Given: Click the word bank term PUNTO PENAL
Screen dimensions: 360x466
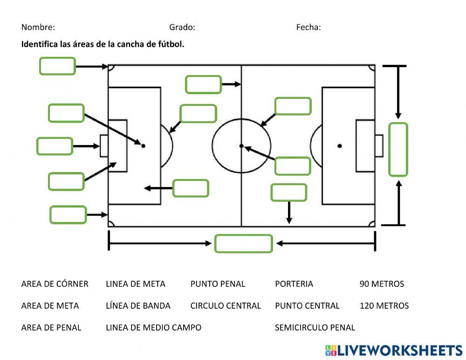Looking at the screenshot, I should [218, 284].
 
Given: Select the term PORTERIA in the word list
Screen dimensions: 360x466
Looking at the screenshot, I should [294, 284].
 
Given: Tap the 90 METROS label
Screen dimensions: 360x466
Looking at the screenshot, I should [382, 284].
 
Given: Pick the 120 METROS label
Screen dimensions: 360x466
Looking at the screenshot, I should [384, 306].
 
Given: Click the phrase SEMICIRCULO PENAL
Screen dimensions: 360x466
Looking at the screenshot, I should [315, 328].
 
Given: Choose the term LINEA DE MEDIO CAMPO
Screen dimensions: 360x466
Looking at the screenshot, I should [153, 328].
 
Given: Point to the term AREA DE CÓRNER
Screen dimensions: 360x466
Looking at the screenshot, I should [55, 284].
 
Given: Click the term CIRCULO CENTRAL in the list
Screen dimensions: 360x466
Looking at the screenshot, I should [226, 306].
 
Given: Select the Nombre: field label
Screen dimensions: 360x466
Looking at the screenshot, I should [38, 28].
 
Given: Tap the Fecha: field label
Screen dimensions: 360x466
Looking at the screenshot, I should [308, 28].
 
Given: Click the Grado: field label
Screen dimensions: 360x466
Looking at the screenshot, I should [182, 28].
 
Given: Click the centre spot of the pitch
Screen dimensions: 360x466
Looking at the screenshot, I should [241, 146].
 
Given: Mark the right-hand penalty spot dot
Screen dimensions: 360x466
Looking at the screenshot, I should [340, 146].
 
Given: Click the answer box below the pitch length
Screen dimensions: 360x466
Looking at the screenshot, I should [243, 243].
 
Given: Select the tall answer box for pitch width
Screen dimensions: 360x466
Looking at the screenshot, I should [398, 149].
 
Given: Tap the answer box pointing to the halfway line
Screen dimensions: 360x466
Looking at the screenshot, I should [203, 84].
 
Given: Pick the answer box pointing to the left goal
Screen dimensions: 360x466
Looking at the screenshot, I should [55, 146].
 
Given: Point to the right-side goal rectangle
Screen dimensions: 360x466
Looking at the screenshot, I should [379, 146].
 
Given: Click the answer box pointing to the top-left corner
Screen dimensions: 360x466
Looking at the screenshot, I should [57, 66].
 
